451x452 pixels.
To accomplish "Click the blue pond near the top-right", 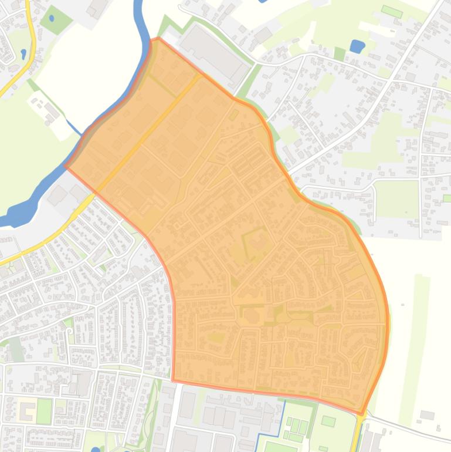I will (357, 46).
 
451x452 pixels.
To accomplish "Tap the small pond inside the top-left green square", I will (52, 18).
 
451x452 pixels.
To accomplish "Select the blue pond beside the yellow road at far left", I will (23, 54).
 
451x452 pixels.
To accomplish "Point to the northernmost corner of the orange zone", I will (157, 39).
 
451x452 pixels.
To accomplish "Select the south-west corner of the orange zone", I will (172, 380).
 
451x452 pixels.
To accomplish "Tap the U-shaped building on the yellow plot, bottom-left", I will (27, 411).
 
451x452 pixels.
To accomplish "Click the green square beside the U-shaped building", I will (44, 411).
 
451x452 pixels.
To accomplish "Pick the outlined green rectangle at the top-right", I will (392, 12).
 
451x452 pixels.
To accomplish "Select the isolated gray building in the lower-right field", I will (427, 415).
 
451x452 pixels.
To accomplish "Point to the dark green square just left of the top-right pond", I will (340, 54).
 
